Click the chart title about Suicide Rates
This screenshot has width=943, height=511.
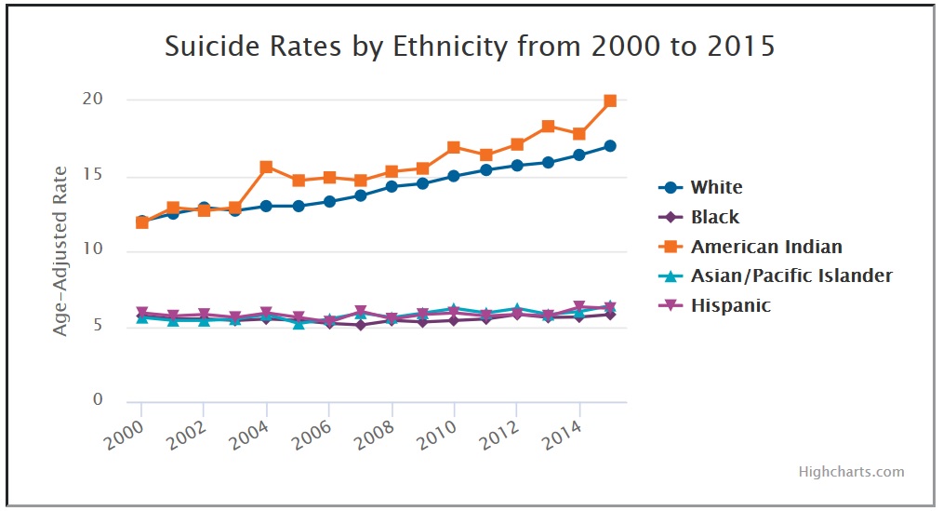[x=470, y=47]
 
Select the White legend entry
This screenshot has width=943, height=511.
[x=716, y=187]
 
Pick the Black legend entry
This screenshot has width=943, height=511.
[x=715, y=217]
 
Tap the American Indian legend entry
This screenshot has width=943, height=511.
[x=766, y=247]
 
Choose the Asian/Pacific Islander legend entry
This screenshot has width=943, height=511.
[x=791, y=276]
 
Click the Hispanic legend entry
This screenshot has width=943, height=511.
[x=730, y=305]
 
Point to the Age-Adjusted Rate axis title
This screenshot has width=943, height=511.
[x=60, y=250]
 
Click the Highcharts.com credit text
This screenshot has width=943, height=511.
[x=851, y=472]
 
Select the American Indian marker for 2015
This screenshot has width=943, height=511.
[x=610, y=101]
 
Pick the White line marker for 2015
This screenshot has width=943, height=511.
[x=610, y=146]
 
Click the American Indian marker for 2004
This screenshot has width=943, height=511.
[x=266, y=167]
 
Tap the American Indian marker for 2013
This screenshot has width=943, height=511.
[x=548, y=127]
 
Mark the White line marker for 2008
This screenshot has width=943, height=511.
[x=392, y=186]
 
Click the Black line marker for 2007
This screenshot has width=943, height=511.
[x=360, y=325]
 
